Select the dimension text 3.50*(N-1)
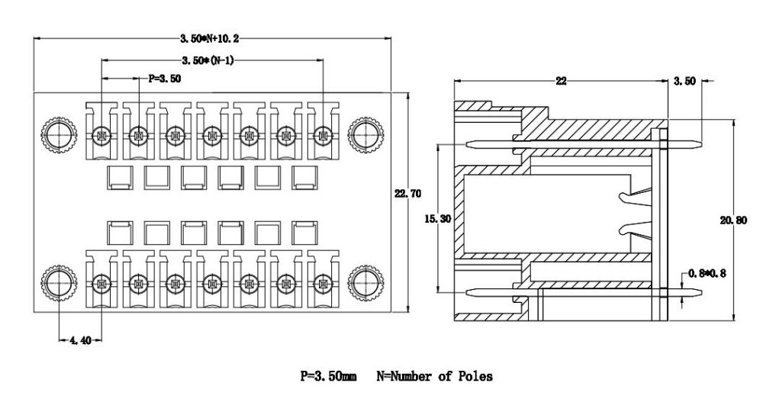point(208,60)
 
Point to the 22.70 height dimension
point(407,194)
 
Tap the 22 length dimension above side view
point(561,81)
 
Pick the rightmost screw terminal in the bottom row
point(323,285)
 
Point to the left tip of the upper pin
point(465,143)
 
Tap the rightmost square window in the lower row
point(304,233)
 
